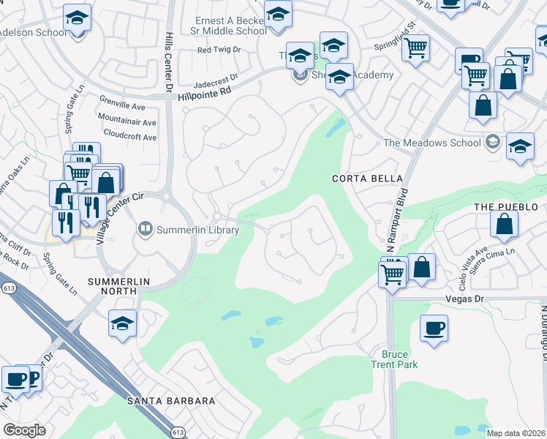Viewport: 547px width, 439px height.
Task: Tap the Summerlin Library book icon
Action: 146,230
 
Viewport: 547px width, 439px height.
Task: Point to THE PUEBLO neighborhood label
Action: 500,207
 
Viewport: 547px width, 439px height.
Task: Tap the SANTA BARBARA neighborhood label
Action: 171,401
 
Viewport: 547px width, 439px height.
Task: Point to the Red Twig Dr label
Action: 219,50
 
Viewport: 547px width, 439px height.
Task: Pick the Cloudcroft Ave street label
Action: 130,137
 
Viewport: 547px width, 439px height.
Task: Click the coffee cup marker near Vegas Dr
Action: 434,328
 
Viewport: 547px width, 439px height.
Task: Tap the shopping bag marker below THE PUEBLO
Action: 505,225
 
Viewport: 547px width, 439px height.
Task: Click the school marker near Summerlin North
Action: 122,323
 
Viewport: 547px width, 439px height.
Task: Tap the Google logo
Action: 25,430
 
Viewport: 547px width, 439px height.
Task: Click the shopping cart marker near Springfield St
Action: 415,48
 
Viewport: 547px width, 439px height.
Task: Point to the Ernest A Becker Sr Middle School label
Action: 230,26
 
